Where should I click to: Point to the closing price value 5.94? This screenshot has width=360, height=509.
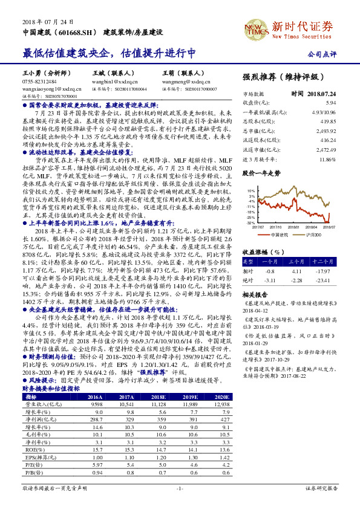click(x=330, y=103)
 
